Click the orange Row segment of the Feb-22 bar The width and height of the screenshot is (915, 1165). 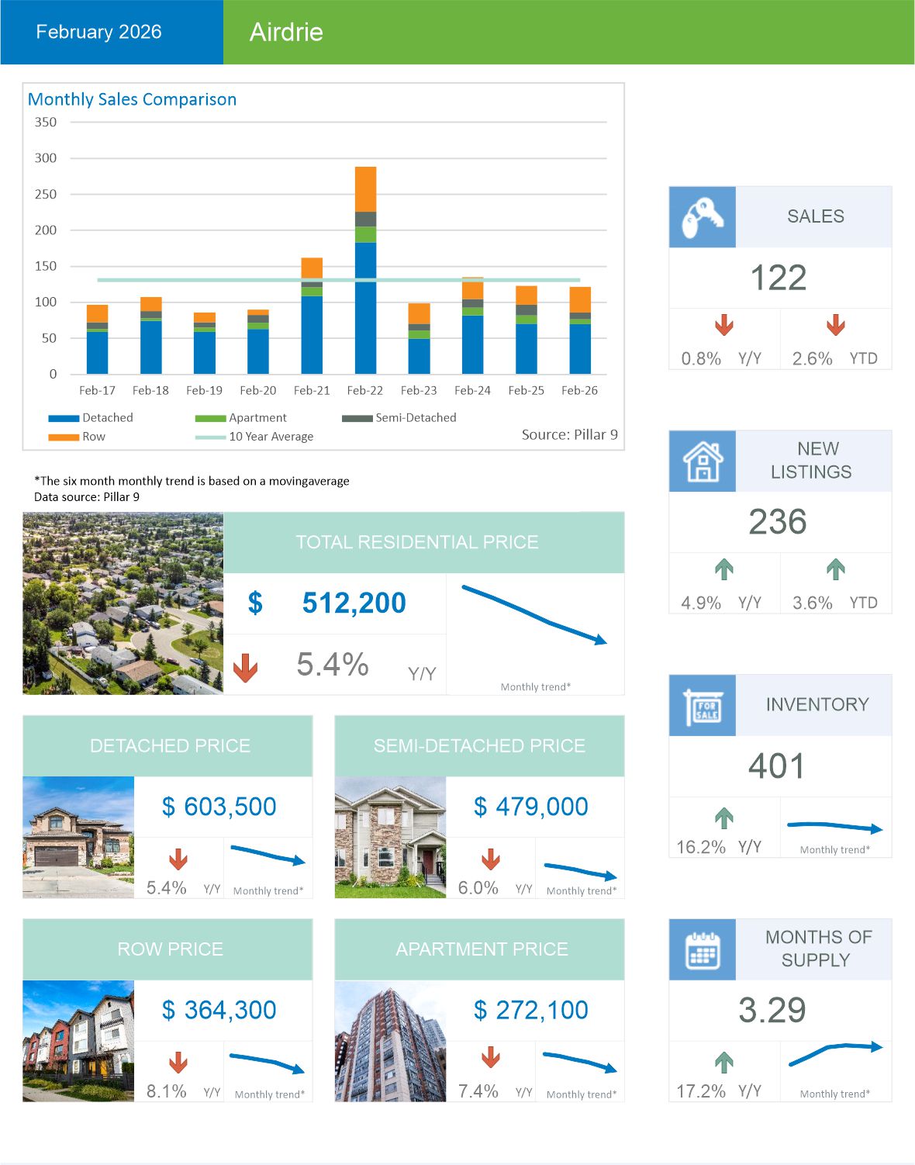365,189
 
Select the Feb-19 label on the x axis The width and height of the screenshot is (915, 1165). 204,390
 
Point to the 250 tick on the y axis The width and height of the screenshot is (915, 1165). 46,194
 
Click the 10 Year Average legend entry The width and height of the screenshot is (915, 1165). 271,437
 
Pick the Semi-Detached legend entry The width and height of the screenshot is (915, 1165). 415,417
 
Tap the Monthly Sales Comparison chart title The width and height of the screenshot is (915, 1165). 132,99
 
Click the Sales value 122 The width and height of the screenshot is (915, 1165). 779,278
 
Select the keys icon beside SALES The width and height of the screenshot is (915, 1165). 702,217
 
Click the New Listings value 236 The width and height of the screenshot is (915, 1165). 778,522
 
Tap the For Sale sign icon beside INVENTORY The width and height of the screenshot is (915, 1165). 703,706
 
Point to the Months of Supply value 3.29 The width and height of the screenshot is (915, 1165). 772,1010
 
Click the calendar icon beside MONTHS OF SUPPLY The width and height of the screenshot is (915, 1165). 703,950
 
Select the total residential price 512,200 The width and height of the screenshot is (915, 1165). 354,603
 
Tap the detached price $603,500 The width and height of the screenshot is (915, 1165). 219,807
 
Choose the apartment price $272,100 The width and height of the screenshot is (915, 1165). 531,1010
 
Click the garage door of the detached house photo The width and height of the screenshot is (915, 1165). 56,856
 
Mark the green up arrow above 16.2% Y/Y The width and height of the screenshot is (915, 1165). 723,818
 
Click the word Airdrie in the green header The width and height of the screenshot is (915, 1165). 286,32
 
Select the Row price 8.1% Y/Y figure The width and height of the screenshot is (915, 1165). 167,1091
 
